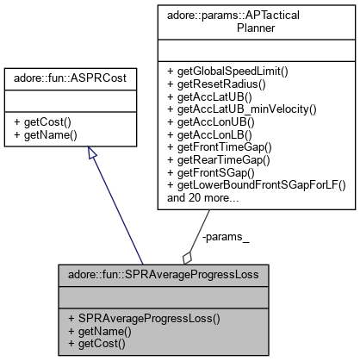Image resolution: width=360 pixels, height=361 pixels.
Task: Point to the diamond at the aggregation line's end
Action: pyautogui.click(x=187, y=257)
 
